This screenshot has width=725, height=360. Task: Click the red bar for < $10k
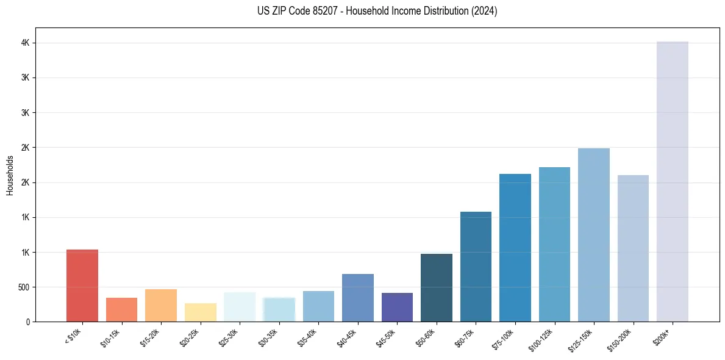tap(82, 286)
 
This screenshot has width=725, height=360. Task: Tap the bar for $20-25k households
tap(200, 312)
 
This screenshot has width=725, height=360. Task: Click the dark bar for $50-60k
tap(437, 287)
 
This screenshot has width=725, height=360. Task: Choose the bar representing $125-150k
tap(593, 235)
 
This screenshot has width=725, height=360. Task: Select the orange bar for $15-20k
tap(161, 305)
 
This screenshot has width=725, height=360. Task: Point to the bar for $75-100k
tap(515, 248)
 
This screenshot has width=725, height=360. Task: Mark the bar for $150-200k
tap(633, 248)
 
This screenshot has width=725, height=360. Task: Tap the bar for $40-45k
tap(358, 298)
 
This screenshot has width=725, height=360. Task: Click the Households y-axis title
tap(10, 175)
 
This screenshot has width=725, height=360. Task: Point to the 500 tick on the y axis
tap(25, 287)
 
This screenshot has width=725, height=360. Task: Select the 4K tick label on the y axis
tap(26, 43)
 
